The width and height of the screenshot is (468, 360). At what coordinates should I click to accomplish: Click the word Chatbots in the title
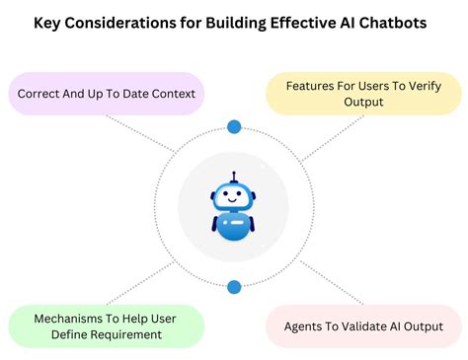pyautogui.click(x=391, y=22)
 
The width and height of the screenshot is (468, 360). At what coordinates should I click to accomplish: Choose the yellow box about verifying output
pyautogui.click(x=362, y=94)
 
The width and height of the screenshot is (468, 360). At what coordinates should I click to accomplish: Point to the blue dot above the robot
pyautogui.click(x=234, y=126)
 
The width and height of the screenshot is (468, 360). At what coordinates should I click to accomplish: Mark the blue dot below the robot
pyautogui.click(x=234, y=287)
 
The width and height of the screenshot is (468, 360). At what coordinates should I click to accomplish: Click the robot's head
pyautogui.click(x=234, y=196)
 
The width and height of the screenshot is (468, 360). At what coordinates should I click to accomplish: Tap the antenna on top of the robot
pyautogui.click(x=234, y=178)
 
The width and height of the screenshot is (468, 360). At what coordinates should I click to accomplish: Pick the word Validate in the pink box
pyautogui.click(x=372, y=326)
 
